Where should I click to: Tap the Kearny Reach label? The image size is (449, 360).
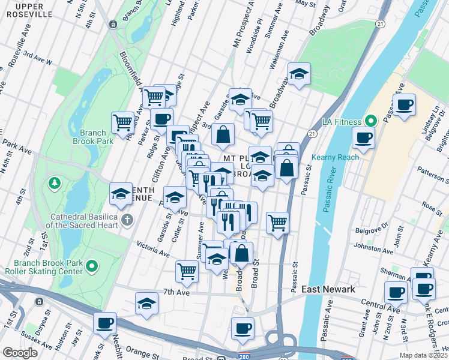[335, 158]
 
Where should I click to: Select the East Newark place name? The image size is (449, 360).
[328, 289]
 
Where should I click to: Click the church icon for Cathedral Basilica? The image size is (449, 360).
[126, 220]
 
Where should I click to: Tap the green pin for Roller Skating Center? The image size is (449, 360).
[92, 265]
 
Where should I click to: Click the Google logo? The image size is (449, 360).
[20, 353]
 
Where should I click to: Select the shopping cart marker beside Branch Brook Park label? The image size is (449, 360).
[122, 122]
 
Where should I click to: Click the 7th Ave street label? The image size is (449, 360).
[176, 292]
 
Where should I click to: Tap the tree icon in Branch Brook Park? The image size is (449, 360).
[55, 181]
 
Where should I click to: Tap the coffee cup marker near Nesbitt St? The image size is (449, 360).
[104, 323]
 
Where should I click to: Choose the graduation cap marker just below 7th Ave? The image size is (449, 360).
[146, 303]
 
